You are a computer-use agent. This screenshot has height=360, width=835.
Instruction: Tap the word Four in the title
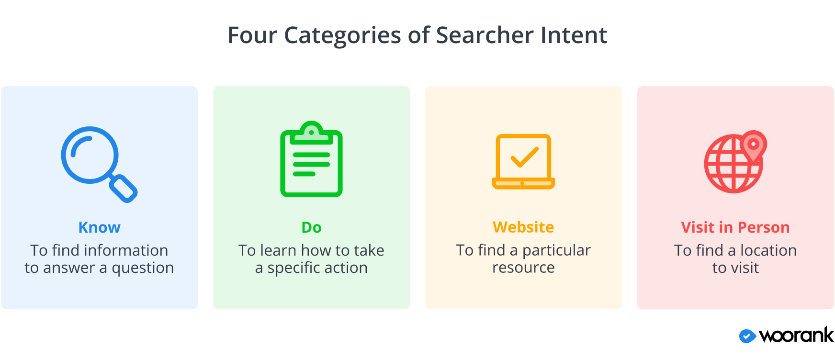click(252, 35)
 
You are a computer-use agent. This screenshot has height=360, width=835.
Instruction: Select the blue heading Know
click(100, 227)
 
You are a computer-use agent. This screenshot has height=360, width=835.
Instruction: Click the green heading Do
click(312, 227)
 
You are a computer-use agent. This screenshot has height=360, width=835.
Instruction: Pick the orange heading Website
click(523, 227)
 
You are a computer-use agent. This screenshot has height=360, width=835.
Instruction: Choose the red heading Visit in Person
click(735, 227)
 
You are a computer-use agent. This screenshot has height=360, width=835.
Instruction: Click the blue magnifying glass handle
click(123, 188)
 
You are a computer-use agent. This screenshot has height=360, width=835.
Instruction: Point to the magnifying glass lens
click(90, 155)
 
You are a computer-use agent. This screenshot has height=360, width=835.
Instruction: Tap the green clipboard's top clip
click(312, 133)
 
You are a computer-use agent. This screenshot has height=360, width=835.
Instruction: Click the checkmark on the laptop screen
click(525, 157)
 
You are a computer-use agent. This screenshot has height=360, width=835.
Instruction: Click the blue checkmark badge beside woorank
click(747, 336)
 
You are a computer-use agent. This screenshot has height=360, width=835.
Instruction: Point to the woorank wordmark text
click(796, 335)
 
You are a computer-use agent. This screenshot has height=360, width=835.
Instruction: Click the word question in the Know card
click(143, 268)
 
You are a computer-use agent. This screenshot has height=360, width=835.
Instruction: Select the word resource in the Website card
click(523, 268)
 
